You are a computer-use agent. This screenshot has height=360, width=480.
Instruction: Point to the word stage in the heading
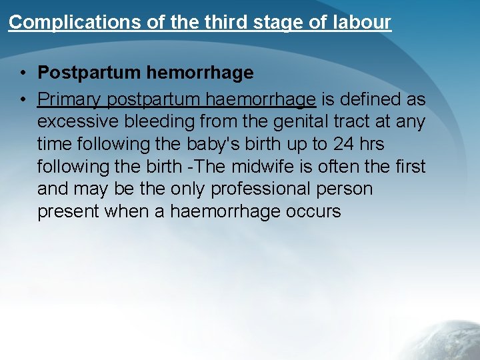(x=265, y=23)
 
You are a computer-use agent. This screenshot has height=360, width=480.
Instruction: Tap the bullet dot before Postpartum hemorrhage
(x=23, y=73)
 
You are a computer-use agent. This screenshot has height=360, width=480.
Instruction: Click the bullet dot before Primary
(x=23, y=100)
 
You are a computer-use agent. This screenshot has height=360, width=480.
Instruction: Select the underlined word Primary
(x=69, y=100)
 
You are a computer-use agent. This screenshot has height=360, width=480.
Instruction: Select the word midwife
(x=261, y=167)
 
